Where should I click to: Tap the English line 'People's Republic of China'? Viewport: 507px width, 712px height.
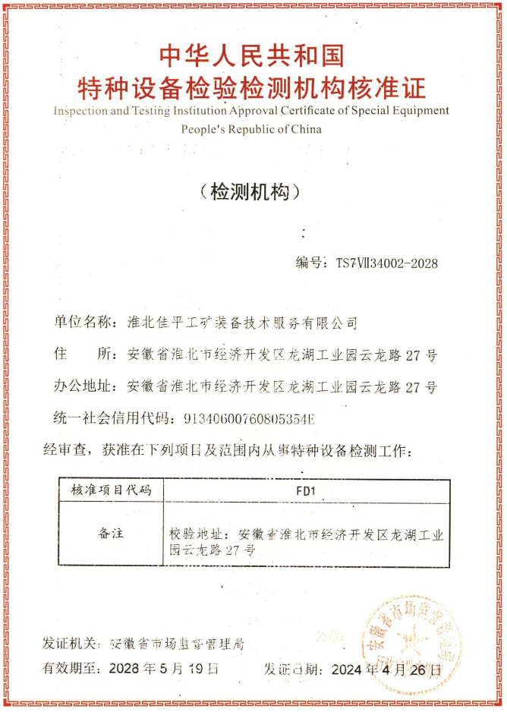[x=251, y=128]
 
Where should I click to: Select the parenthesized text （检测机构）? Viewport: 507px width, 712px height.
[x=251, y=191]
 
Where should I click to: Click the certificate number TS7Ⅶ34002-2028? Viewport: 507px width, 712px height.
[x=386, y=263]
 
